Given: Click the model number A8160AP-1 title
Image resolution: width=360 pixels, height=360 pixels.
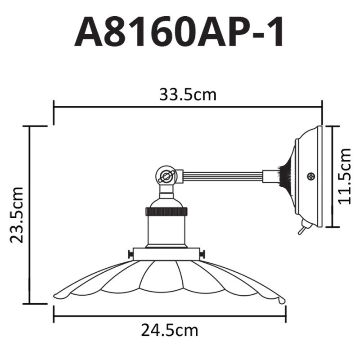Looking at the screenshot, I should tap(180, 32).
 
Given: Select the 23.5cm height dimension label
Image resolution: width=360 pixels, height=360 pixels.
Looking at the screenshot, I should tap(17, 215).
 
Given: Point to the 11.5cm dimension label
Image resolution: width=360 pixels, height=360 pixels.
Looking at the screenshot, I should tap(345, 176).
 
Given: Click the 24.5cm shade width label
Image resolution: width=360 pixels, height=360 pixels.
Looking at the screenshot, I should tap(170, 331).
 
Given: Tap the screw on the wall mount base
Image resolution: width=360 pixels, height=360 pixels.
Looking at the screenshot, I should tap(310, 177).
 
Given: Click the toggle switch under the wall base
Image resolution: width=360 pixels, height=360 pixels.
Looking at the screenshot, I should tap(300, 229).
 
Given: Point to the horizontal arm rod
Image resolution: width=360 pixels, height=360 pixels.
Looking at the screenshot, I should tap(223, 176).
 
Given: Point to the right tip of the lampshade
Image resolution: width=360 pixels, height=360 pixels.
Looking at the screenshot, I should tap(282, 298).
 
